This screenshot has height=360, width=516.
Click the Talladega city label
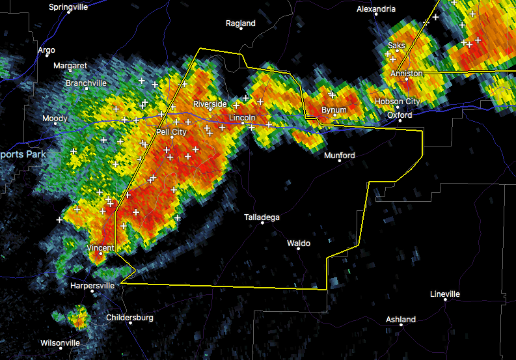pyautogui.click(x=262, y=217)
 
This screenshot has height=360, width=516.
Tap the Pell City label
pyautogui.click(x=171, y=132)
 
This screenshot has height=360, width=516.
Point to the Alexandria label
pyautogui.click(x=375, y=9)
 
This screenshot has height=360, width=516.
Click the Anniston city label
pyautogui.click(x=406, y=74)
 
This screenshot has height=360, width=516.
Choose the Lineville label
pyautogui.click(x=445, y=294)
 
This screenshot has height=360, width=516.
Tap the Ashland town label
pyautogui.click(x=400, y=320)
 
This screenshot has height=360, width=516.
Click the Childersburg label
pyautogui.click(x=129, y=318)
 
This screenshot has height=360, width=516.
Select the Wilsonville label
pyautogui.click(x=60, y=342)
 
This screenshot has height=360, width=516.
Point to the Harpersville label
pyautogui.click(x=92, y=285)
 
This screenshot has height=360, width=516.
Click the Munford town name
pyautogui.click(x=340, y=156)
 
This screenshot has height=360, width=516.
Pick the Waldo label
pyautogui.click(x=299, y=243)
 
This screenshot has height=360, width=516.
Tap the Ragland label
pyautogui.click(x=241, y=23)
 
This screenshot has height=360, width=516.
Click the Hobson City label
pyautogui.click(x=397, y=102)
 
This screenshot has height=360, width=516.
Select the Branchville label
pyautogui.click(x=86, y=83)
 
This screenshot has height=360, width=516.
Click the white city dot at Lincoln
pyautogui.click(x=243, y=124)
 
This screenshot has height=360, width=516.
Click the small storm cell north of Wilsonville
pyautogui.click(x=78, y=318)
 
